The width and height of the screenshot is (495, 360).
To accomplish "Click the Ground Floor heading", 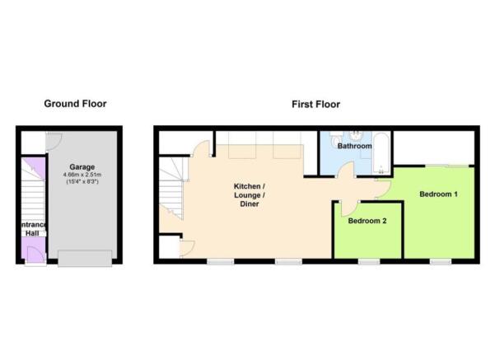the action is coord(75,104).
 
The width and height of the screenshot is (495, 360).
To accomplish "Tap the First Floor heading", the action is coord(315,104).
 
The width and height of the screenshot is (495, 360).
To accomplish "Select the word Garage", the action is coord(82,167).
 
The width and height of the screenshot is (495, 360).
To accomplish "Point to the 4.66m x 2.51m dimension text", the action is coord(82,175).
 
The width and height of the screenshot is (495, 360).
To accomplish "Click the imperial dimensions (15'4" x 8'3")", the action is coord(82,181).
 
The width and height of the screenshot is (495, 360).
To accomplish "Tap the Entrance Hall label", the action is coord(33,229).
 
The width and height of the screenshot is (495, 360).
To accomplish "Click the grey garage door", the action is coord(85,259).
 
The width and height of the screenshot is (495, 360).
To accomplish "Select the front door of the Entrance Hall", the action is coord(35,255).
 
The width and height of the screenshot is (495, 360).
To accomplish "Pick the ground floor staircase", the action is coord(33,196).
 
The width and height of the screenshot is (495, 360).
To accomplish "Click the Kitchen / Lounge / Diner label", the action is coord(250,195).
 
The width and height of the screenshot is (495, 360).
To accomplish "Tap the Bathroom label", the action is coord(354,146).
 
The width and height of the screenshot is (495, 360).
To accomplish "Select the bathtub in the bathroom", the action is coord(381,153).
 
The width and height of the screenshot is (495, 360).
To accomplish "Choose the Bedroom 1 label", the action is coord(438,194).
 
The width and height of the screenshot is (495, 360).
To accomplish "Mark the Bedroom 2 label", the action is coord(367,221).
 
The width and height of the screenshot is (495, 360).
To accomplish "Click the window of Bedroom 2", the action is coord(369,261).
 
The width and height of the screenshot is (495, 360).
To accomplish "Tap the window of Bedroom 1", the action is coord(441,261).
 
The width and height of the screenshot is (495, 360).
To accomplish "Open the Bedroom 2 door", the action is coord(349,208).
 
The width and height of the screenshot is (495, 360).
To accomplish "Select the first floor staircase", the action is coord(171,189).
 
